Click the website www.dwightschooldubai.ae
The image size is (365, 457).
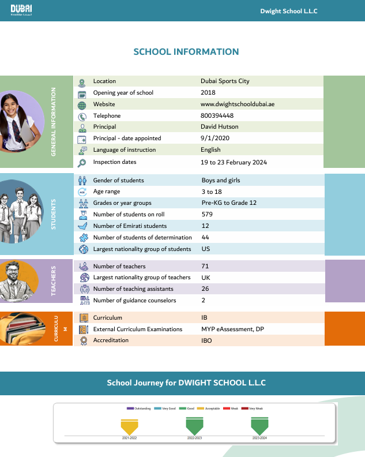[237, 104]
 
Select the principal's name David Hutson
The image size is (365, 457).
[219, 127]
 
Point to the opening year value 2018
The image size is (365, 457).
[208, 93]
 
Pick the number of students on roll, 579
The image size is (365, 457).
[207, 215]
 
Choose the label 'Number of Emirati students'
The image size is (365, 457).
[130, 226]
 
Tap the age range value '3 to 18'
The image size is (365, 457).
[211, 192]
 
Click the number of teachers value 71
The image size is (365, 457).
[205, 267]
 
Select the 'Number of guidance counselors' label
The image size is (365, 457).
[134, 301]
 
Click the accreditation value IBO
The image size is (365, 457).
[206, 340]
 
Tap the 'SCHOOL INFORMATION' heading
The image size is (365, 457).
[186, 52]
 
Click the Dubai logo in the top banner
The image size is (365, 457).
[21, 10]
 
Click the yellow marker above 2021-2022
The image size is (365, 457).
[129, 427]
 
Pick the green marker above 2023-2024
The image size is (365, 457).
[259, 426]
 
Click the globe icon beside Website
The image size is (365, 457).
[82, 105]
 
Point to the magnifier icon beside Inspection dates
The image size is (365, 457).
[82, 163]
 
